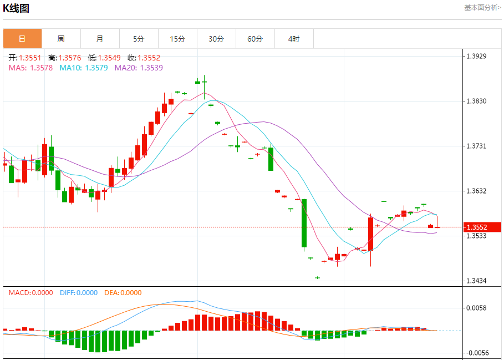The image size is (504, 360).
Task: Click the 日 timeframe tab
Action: point(22,39)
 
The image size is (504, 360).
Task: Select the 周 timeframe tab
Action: point(61,39)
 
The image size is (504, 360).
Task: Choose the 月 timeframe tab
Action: point(100,39)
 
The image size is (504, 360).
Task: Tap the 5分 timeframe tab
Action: point(139,39)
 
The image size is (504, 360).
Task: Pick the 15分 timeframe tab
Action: point(177,39)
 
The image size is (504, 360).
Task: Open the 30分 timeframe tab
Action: point(216,39)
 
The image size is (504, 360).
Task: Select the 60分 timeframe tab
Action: point(255,39)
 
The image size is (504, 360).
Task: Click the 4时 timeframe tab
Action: point(294,39)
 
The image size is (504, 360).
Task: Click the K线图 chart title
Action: point(16,8)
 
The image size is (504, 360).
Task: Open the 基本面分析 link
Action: point(482,8)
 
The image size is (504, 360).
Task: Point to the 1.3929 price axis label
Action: point(476,56)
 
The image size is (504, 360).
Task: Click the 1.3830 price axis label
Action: point(476,101)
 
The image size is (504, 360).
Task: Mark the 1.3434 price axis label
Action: point(476,281)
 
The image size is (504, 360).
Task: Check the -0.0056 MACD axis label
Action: point(476,353)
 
